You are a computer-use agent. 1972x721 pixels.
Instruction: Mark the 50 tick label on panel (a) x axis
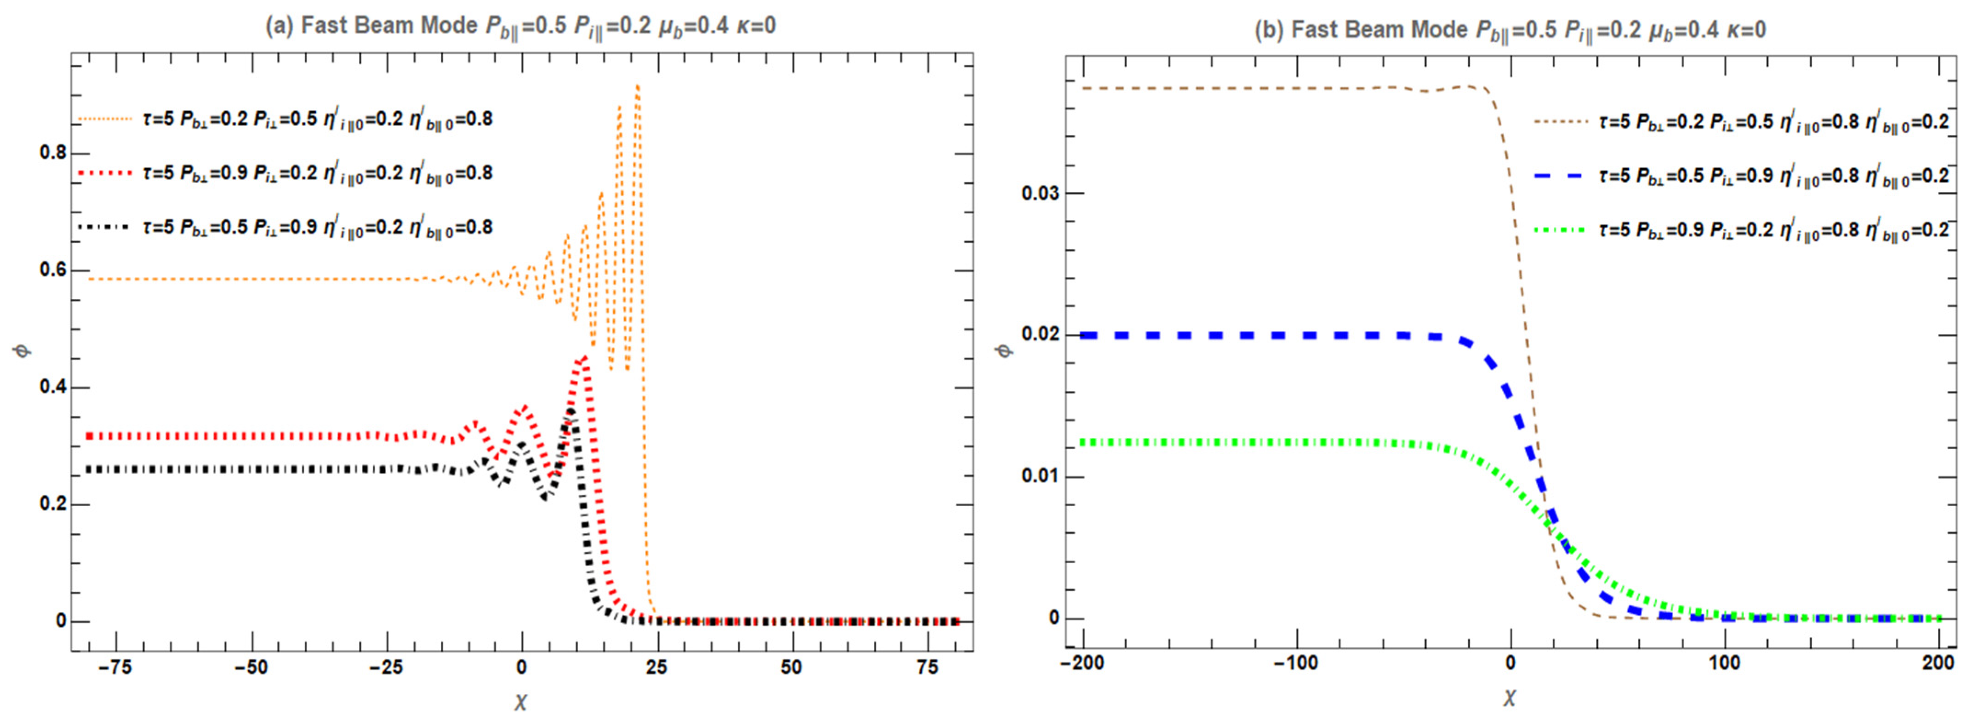pos(792,667)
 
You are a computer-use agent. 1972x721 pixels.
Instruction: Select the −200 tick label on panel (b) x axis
pos(1083,663)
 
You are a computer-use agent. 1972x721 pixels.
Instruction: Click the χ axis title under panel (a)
pos(520,701)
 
